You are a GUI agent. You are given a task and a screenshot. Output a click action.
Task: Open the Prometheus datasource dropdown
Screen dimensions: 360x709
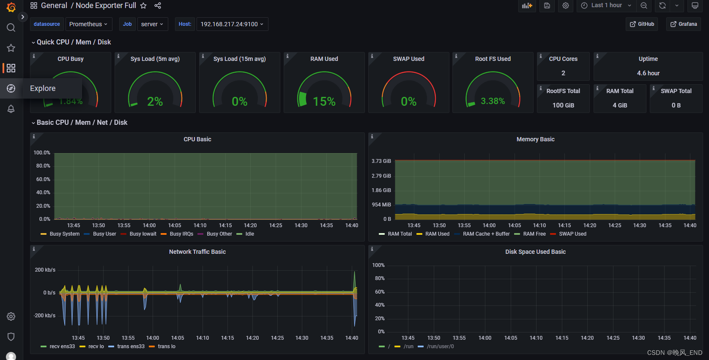click(88, 24)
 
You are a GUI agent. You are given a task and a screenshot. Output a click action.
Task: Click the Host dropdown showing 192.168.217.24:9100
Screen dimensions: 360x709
click(232, 24)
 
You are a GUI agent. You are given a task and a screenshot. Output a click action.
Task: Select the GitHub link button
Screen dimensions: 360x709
click(642, 24)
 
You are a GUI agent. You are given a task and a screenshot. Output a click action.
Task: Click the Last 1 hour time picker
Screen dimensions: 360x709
click(606, 5)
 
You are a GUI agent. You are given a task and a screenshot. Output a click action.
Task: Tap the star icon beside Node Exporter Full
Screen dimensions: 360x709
click(143, 5)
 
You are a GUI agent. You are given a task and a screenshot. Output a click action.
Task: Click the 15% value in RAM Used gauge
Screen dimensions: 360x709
click(324, 102)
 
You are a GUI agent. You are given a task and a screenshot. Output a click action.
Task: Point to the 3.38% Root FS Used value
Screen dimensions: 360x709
click(493, 101)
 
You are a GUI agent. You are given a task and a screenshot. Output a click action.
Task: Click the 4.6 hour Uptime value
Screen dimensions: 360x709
click(648, 73)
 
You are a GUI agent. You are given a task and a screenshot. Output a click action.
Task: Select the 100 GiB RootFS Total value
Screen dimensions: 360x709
click(563, 105)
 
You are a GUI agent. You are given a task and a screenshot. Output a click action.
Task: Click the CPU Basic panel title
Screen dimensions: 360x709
click(197, 139)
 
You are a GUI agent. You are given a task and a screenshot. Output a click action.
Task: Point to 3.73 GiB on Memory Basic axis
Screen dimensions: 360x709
click(381, 161)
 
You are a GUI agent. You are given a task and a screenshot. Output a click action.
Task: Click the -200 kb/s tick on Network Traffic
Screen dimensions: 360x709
click(45, 316)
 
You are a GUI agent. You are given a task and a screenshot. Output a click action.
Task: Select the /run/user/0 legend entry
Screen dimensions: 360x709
click(440, 346)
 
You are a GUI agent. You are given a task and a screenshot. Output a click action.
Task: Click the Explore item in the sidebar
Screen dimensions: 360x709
click(42, 88)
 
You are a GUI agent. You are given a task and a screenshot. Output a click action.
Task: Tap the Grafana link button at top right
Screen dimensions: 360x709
click(683, 24)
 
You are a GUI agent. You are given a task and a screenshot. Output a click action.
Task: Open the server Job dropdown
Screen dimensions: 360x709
click(152, 24)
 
